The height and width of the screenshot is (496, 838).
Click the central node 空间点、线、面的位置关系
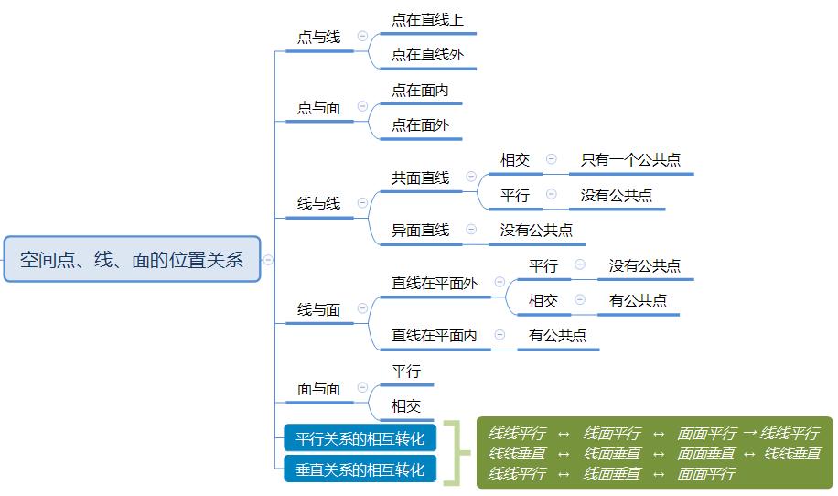pyautogui.click(x=132, y=260)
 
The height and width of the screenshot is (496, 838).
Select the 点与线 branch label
pyautogui.click(x=318, y=38)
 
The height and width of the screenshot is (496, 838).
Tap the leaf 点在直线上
pyautogui.click(x=427, y=20)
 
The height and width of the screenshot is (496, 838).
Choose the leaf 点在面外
pyautogui.click(x=420, y=125)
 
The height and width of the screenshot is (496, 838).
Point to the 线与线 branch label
pyautogui.click(x=318, y=203)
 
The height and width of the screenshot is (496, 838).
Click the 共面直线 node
pyautogui.click(x=420, y=178)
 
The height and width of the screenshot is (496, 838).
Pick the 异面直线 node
pyautogui.click(x=420, y=230)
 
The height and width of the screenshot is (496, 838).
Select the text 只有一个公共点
pyautogui.click(x=630, y=160)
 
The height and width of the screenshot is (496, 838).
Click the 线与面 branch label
pyautogui.click(x=318, y=310)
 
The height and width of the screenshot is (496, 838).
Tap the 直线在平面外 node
pyautogui.click(x=435, y=284)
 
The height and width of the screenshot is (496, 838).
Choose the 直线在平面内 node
pyautogui.click(x=435, y=336)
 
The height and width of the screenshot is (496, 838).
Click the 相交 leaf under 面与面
pyautogui.click(x=406, y=405)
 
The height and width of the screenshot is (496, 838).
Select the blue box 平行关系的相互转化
pyautogui.click(x=360, y=438)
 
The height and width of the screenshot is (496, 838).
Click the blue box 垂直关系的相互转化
pyautogui.click(x=360, y=470)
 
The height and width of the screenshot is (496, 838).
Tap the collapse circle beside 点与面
pyautogui.click(x=362, y=107)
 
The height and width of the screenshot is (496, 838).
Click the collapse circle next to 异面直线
pyautogui.click(x=471, y=230)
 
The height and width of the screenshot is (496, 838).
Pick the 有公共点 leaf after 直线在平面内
pyautogui.click(x=557, y=336)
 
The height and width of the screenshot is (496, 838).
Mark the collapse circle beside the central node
pyautogui.click(x=269, y=260)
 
